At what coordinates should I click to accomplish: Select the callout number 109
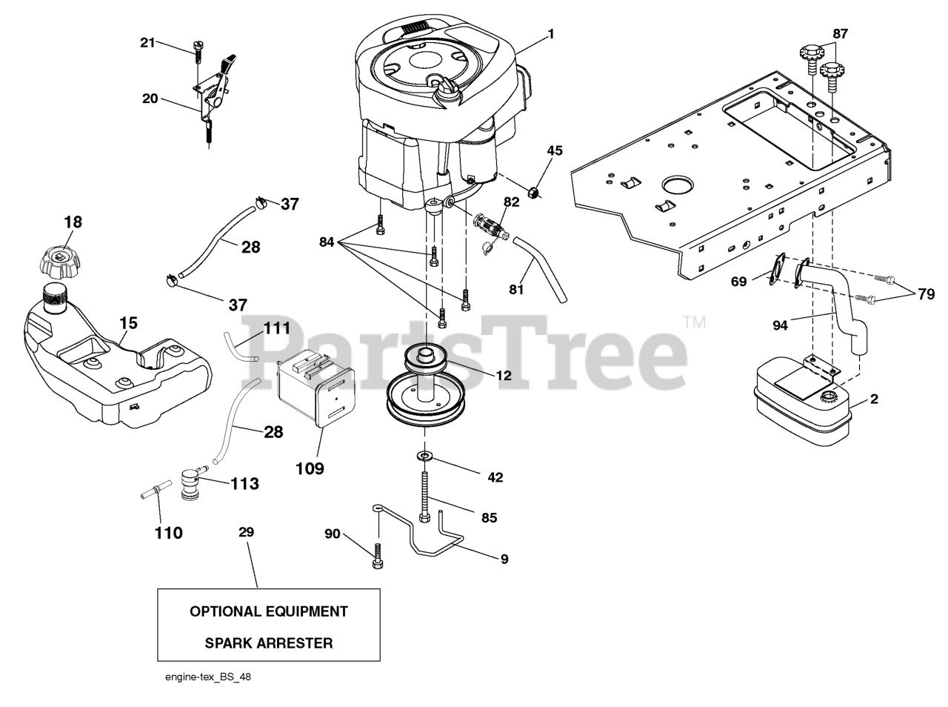[310, 468]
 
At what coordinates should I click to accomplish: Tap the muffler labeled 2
[800, 408]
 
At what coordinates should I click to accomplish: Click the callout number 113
[244, 484]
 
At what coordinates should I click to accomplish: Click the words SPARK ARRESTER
[268, 643]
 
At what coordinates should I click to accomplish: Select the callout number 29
[246, 531]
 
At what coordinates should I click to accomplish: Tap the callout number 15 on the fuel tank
[127, 323]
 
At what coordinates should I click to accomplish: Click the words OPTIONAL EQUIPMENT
[268, 611]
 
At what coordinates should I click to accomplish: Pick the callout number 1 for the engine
[550, 33]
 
